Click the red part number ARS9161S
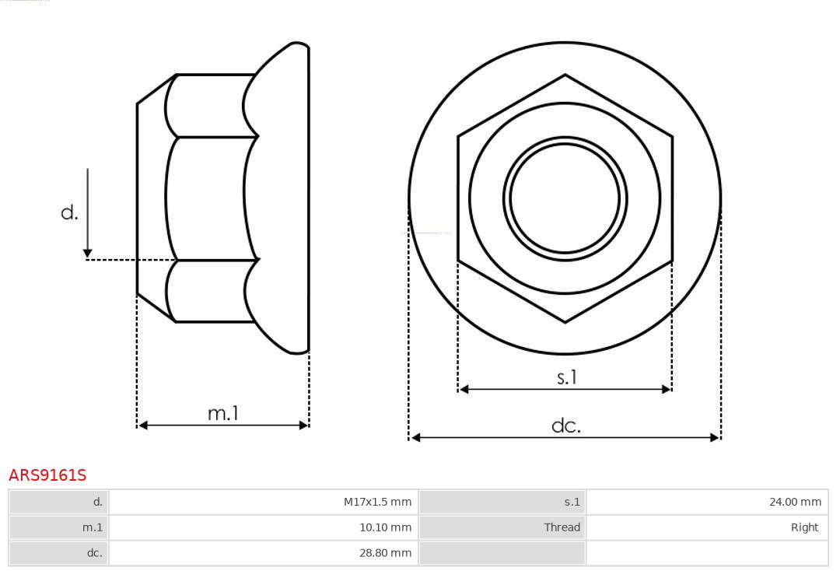47,475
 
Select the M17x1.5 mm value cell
377,502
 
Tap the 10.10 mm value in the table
385,527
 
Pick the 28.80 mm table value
385,553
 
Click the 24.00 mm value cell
795,502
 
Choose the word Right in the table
805,527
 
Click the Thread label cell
562,527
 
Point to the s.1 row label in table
572,502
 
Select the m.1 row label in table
92,527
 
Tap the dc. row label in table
94,553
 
